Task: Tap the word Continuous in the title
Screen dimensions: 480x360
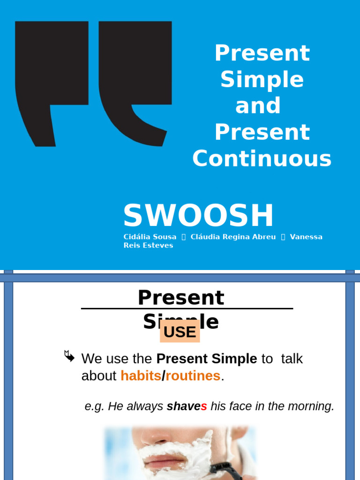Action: coord(262,158)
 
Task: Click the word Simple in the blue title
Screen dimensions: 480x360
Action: coord(262,80)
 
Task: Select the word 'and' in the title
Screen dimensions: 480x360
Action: coord(258,106)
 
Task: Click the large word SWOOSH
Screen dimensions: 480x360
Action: coord(198,216)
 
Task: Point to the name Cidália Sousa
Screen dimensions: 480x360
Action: coord(150,237)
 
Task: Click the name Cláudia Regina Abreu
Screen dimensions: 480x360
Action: coord(233,237)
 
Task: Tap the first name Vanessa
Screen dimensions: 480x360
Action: coord(306,237)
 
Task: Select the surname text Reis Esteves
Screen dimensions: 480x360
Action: coord(148,246)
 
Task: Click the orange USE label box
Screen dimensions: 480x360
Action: coord(180,332)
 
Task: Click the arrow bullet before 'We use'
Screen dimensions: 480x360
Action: coord(69,356)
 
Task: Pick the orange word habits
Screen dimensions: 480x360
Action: coord(141,375)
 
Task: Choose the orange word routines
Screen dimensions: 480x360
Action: coord(193,375)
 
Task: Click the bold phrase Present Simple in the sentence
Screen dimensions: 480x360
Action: coord(207,359)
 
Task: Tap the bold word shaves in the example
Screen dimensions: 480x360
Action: coord(187,406)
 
